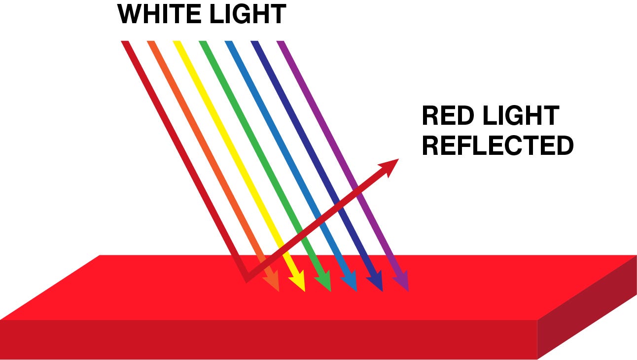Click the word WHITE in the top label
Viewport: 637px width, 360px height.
tap(159, 14)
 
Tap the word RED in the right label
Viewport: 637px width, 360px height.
tap(448, 115)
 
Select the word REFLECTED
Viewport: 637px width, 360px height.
tap(497, 145)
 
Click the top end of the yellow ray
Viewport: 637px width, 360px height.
tap(177, 41)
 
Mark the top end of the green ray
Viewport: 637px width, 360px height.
tap(203, 41)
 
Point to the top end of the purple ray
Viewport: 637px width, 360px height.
tap(281, 41)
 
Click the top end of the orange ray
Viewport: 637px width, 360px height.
tap(151, 41)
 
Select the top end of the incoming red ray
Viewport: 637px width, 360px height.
tap(125, 41)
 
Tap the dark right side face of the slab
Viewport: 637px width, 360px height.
tap(587, 311)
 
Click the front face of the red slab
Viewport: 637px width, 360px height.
tap(268, 339)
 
